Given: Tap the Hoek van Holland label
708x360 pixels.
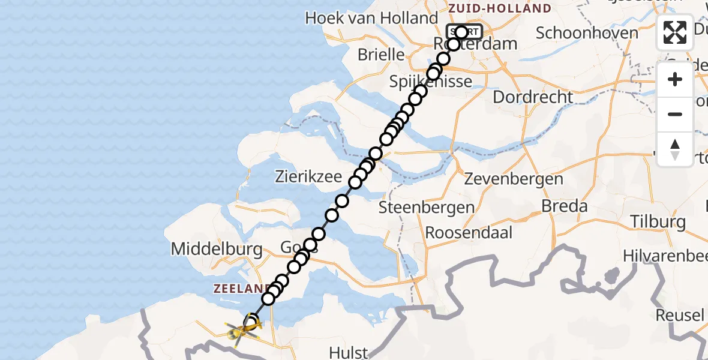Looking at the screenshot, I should tap(371, 17).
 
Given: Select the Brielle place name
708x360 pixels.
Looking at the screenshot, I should tap(381, 55).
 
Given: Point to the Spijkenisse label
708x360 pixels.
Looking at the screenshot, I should tap(430, 82).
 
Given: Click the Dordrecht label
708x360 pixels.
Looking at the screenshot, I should tap(533, 97).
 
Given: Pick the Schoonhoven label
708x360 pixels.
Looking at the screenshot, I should tap(587, 32).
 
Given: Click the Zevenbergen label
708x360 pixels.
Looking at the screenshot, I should tap(514, 179).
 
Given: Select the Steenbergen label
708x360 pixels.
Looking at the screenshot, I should tap(427, 208).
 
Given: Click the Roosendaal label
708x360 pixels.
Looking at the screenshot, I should tap(469, 232).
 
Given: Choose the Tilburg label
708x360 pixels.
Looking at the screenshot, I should tap(658, 221).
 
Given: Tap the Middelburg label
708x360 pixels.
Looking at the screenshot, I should tap(217, 249).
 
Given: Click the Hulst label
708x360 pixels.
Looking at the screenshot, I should tap(349, 352).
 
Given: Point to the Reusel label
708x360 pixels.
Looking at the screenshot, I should tap(680, 315).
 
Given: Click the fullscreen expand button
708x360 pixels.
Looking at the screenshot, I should tap(675, 32).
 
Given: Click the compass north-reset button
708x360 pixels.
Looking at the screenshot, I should tap(675, 149).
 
